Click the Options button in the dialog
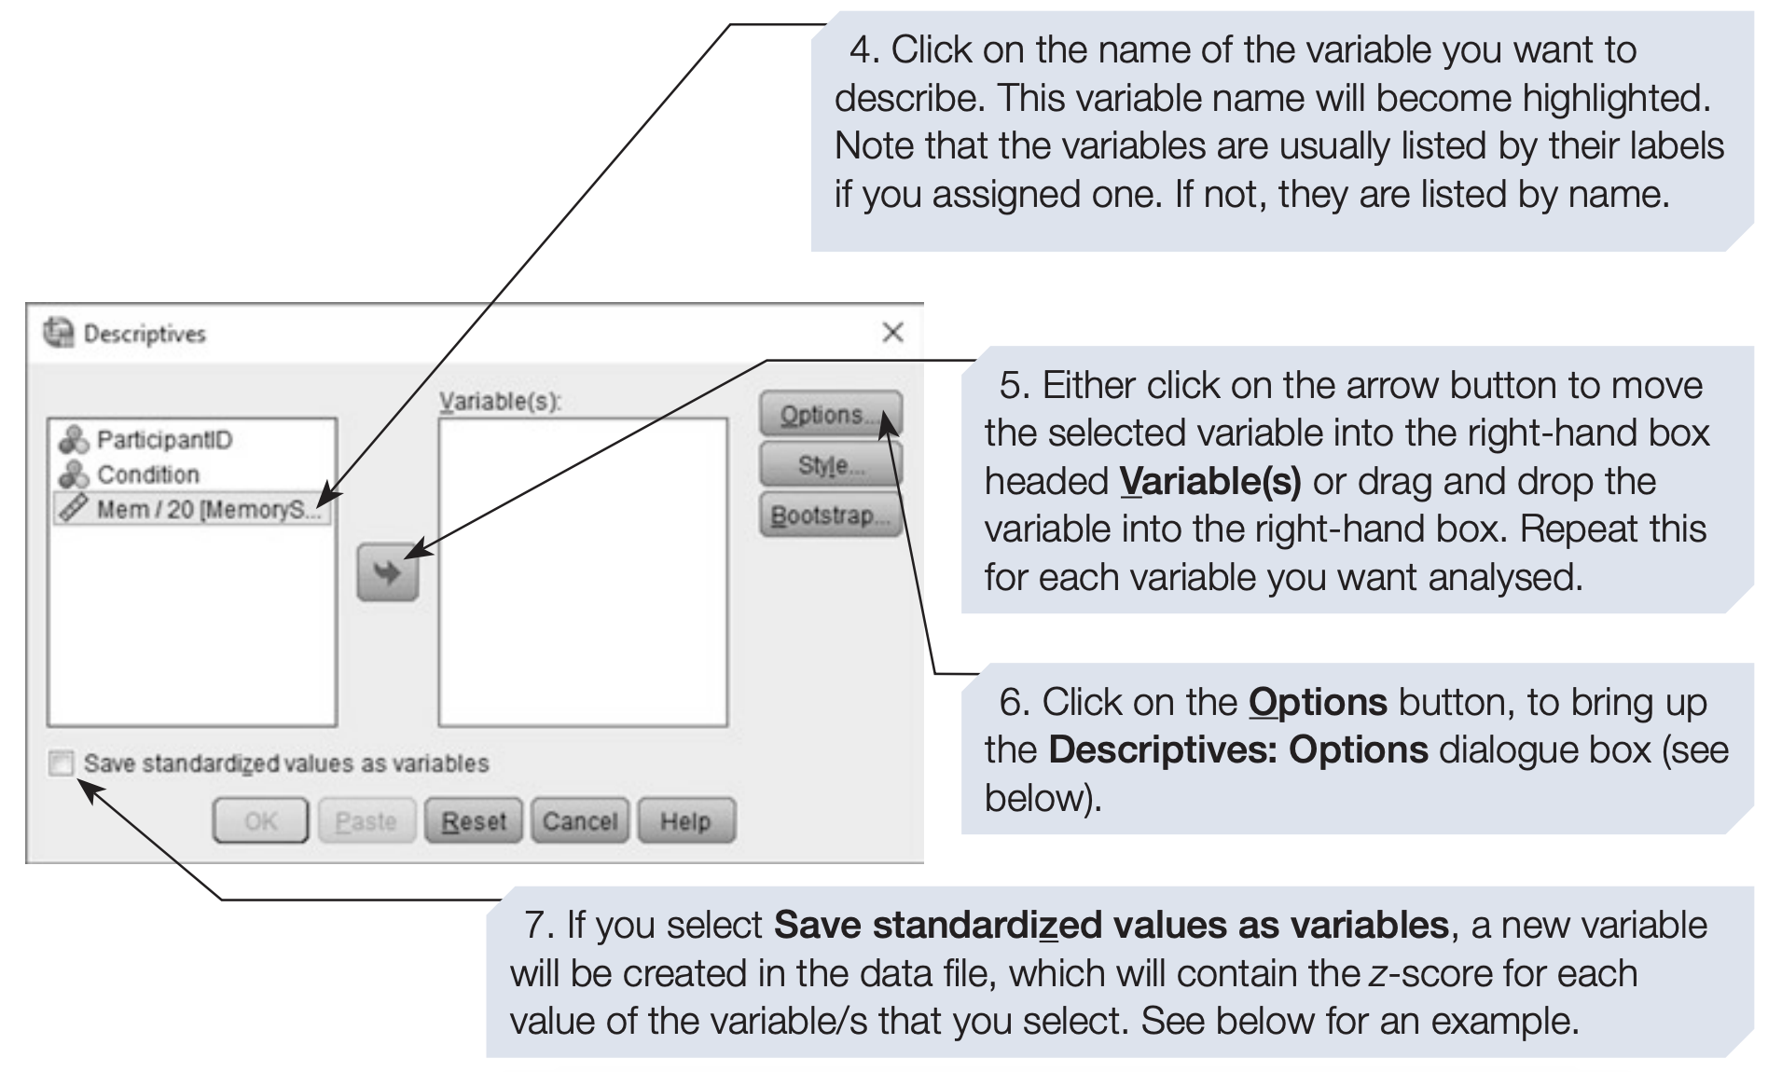pos(831,414)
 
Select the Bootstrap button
pos(831,515)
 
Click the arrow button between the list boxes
pos(388,572)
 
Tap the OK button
pos(260,821)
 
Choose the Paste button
pos(366,821)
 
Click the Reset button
pos(474,821)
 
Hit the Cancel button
pos(580,821)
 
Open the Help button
pos(686,821)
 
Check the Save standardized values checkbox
pos(62,763)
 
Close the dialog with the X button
pos(892,332)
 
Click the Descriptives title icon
pos(59,333)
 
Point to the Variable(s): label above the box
pos(501,401)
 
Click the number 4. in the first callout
pos(864,50)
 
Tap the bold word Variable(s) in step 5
pos(1210,482)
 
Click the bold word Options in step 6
pos(1318,702)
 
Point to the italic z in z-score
pos(1376,975)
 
